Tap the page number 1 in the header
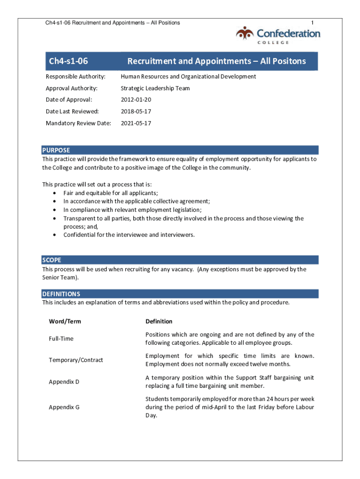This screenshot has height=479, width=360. point(312,22)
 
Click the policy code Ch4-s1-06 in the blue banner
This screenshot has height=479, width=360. point(68,61)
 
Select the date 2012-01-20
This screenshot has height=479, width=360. point(136,100)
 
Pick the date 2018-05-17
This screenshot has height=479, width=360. point(136,111)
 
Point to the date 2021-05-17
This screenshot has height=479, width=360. point(136,123)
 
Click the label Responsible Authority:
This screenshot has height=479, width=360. point(75,76)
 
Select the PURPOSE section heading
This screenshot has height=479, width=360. point(56,150)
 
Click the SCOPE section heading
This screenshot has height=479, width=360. point(51,260)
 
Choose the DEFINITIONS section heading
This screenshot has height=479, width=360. point(61,294)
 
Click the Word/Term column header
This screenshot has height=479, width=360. point(65,321)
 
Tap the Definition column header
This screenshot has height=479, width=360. point(159,321)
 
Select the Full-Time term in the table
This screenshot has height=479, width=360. point(61,339)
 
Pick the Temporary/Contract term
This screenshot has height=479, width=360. point(76,360)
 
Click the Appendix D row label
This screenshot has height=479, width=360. point(64,382)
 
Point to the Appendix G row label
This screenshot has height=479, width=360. point(64,407)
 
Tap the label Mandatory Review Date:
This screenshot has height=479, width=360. point(79,123)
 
